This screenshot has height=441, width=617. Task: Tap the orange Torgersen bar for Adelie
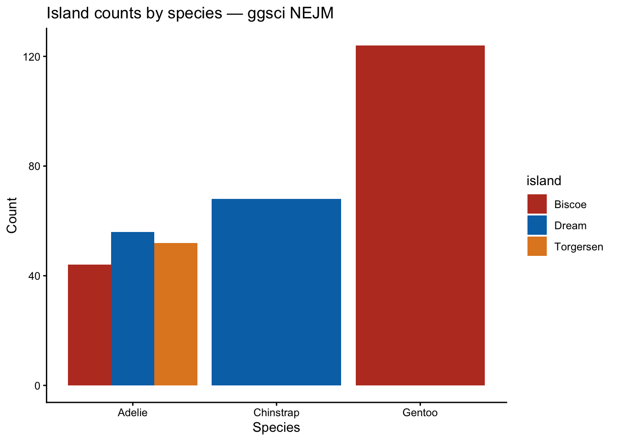(x=176, y=314)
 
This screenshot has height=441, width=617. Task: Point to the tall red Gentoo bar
(x=420, y=215)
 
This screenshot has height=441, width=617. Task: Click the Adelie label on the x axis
(x=133, y=413)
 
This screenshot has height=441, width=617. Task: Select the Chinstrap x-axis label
(x=276, y=413)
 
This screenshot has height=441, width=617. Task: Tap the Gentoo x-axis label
(x=420, y=413)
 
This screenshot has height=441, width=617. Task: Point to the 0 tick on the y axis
(x=37, y=386)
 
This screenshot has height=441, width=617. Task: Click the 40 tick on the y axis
(x=35, y=276)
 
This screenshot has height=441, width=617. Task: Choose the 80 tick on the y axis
(x=35, y=166)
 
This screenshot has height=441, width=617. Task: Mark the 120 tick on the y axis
(x=32, y=57)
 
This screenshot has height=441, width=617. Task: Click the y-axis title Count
(x=12, y=215)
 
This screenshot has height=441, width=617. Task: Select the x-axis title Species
(x=276, y=428)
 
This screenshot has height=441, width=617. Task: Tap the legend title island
(x=544, y=181)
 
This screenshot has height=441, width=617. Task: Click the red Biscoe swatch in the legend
(x=537, y=204)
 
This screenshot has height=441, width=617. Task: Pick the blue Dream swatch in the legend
(x=537, y=226)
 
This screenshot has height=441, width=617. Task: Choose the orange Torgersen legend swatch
(x=537, y=247)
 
